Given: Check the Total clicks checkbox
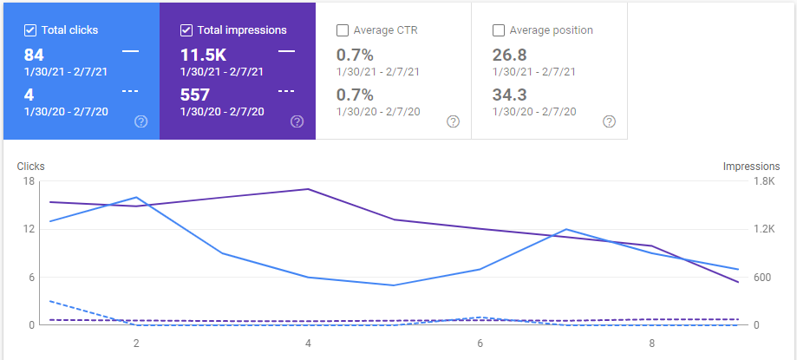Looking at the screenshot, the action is click(x=30, y=30).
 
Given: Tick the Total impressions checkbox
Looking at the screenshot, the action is click(x=186, y=30).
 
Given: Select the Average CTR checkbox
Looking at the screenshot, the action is click(x=342, y=30).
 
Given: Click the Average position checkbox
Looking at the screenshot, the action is click(x=498, y=30).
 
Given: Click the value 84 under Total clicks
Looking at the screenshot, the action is click(x=34, y=55).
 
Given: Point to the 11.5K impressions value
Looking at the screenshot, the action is click(x=203, y=55).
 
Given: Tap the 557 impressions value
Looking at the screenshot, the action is click(x=194, y=95).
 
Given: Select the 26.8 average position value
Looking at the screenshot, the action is click(x=509, y=55).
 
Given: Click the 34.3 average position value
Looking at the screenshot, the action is click(x=509, y=95).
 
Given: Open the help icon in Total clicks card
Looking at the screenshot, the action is click(x=140, y=121).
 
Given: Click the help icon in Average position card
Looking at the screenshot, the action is click(x=609, y=121).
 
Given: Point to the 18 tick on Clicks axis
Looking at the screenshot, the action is click(x=29, y=181).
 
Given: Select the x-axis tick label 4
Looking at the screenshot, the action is click(x=308, y=344).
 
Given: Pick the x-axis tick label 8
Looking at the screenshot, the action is click(x=651, y=344).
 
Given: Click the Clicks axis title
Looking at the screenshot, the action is click(x=30, y=167).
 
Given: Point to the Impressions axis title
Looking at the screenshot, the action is click(x=752, y=167).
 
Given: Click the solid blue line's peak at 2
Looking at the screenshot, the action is click(x=136, y=197).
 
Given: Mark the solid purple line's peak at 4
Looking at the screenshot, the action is click(x=308, y=189).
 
